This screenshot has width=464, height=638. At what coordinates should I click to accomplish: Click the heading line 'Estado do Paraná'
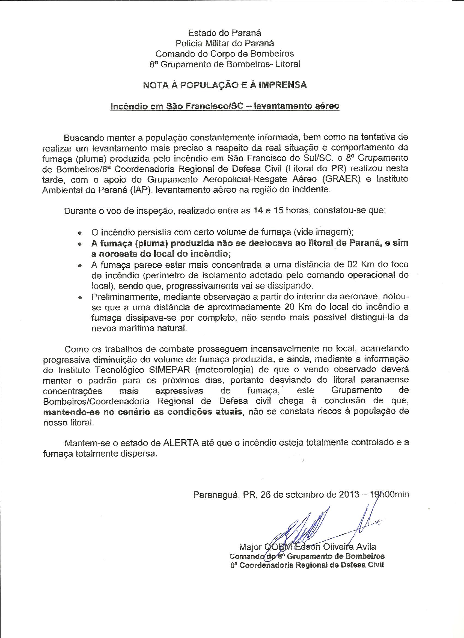click(224, 33)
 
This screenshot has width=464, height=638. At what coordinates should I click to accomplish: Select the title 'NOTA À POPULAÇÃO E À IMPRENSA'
click(225, 85)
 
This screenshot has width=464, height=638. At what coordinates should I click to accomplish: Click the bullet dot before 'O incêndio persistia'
click(80, 233)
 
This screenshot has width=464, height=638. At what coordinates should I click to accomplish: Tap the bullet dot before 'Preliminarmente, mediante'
click(80, 297)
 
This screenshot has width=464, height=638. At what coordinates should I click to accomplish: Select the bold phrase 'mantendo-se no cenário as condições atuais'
click(142, 412)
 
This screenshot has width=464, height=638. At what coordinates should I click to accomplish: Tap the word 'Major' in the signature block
click(250, 547)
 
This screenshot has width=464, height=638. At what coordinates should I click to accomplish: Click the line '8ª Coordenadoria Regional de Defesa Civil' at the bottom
click(307, 565)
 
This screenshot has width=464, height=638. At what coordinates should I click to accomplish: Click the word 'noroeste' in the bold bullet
click(119, 254)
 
